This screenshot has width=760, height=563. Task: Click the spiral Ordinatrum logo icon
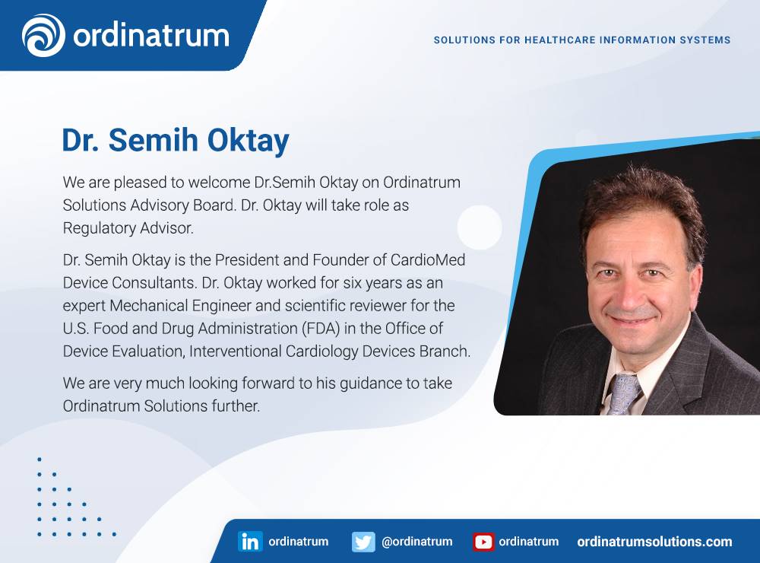(x=43, y=35)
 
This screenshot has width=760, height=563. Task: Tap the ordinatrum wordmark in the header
(x=151, y=36)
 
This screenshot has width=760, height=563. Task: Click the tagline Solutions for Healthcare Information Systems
(x=581, y=40)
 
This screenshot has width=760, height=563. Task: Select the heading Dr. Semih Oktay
(x=176, y=140)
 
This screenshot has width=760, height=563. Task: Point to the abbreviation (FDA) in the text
(x=321, y=329)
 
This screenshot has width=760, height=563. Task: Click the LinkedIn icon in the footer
(x=250, y=541)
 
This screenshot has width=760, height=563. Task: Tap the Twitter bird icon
(x=363, y=542)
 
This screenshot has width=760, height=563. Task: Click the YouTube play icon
(x=483, y=542)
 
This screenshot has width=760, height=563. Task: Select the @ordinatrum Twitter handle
(x=416, y=541)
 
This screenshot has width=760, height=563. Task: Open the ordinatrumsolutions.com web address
(x=654, y=542)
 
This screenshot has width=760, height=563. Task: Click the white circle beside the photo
(x=480, y=227)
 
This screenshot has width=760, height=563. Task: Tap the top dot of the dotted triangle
(x=40, y=459)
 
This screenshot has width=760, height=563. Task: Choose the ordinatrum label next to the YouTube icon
(x=528, y=541)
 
